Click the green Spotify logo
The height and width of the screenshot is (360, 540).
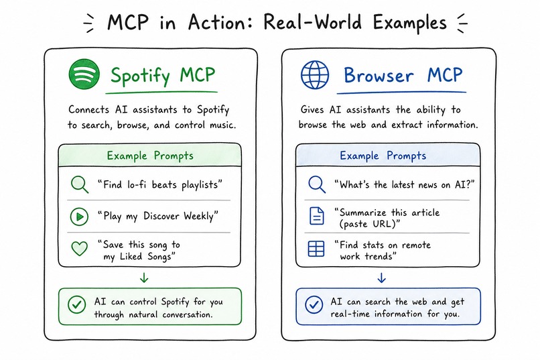84,74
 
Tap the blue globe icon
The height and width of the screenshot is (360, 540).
315,75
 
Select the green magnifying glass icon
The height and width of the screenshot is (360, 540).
80,184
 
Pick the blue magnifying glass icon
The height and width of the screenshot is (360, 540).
317,184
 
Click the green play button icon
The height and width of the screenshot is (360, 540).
79,217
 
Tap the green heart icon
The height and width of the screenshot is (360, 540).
79,249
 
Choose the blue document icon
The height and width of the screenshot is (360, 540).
317,216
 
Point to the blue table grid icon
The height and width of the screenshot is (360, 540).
316,249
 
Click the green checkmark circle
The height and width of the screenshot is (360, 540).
76,305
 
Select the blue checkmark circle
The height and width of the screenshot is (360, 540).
314,305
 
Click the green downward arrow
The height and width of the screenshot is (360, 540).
144,278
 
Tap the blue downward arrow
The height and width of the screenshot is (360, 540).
381,278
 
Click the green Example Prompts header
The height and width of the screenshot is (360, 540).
150,156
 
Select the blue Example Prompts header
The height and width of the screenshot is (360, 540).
383,156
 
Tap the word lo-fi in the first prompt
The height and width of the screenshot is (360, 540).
137,184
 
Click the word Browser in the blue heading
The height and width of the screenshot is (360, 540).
379,75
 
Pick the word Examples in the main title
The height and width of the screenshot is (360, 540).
410,23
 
